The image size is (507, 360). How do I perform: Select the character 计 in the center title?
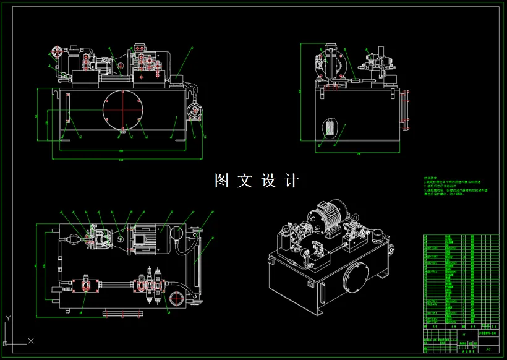pos(292,181)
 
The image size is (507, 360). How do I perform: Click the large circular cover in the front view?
pos(123,110)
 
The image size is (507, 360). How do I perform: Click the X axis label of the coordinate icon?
pos(31,341)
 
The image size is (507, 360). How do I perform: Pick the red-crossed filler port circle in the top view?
pos(176,299)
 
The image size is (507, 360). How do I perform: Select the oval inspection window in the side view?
pos(330,129)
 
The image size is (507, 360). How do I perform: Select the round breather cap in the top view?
pos(176,234)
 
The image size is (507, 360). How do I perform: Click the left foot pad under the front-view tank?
pos(65,139)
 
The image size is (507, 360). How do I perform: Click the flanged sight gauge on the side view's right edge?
pos(406,110)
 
